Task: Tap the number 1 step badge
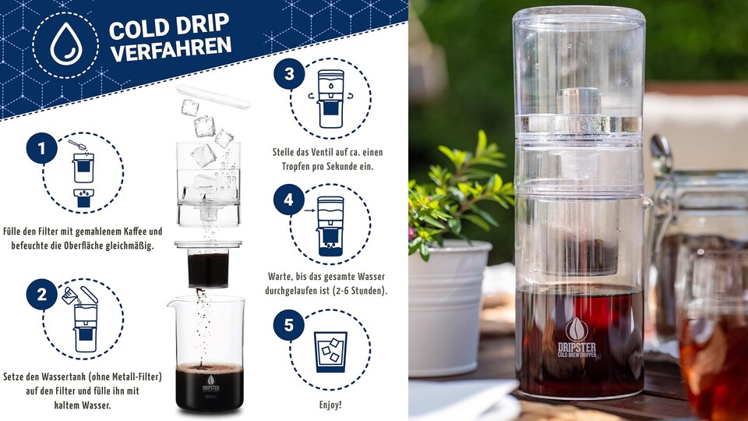[41, 148]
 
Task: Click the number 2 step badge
[41, 294]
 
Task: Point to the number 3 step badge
[289, 74]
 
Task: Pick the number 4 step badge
[288, 200]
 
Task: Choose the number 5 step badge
[288, 325]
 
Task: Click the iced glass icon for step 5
[330, 352]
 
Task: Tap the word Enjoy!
[330, 405]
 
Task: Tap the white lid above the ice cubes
[213, 97]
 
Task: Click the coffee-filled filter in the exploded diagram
[208, 265]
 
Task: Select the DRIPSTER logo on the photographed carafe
[577, 338]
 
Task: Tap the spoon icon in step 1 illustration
[77, 145]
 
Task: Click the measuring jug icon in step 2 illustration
[70, 295]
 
